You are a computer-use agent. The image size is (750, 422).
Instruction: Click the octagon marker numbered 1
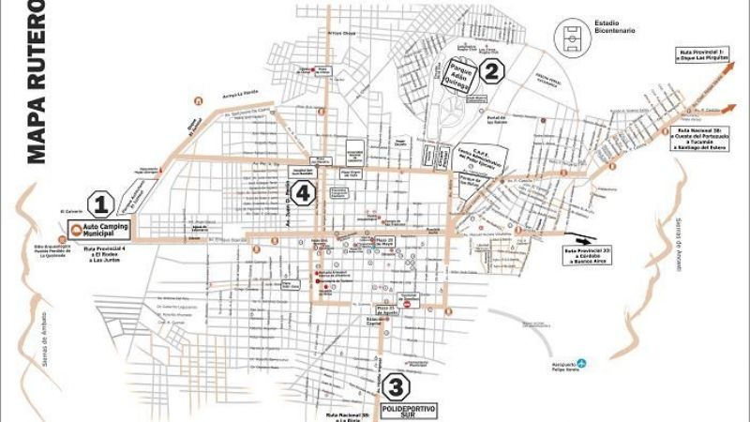click(101, 203)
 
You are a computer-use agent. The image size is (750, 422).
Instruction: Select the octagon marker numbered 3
click(397, 385)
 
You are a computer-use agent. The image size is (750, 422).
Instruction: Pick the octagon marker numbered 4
click(302, 193)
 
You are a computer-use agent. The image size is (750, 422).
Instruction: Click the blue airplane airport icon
click(582, 362)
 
